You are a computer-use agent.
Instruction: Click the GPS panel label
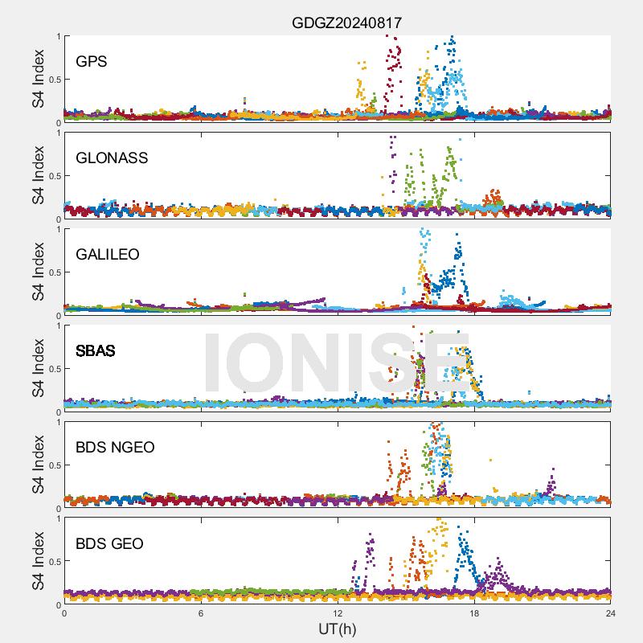click(92, 61)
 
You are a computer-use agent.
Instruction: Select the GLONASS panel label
click(112, 158)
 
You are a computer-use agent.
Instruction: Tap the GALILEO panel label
click(108, 254)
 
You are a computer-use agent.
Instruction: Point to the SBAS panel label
click(96, 350)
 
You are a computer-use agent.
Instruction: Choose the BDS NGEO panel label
click(115, 447)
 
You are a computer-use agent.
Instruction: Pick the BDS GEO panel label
click(109, 544)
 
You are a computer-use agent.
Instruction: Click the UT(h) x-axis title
click(337, 628)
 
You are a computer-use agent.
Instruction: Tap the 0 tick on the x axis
click(64, 612)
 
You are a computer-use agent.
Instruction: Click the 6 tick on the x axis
click(201, 612)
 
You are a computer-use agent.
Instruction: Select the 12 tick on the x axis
click(338, 612)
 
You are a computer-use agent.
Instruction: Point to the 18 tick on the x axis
click(474, 612)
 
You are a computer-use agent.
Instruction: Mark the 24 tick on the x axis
click(611, 612)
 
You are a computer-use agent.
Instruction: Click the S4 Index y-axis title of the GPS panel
click(38, 80)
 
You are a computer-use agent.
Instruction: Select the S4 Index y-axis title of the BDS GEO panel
click(38, 562)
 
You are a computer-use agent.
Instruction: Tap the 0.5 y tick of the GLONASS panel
click(53, 176)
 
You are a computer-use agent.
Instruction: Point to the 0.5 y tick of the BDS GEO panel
click(53, 562)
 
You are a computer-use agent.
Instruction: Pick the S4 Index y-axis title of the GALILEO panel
click(38, 272)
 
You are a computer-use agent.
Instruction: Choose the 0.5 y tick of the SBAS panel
click(53, 369)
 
